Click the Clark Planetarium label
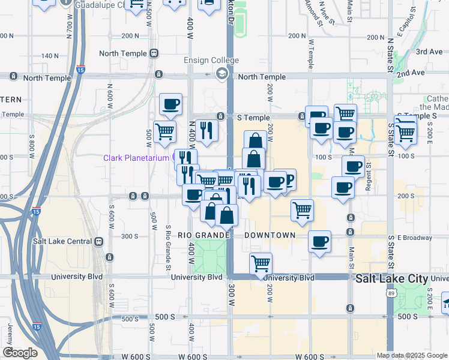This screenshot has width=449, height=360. tap(137, 158)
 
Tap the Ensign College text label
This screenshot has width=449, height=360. tap(211, 61)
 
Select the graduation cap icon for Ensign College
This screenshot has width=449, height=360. tap(222, 74)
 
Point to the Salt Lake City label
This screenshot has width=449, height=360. tap(391, 279)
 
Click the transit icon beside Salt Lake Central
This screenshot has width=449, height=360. tap(98, 241)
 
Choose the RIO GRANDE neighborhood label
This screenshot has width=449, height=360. tap(203, 235)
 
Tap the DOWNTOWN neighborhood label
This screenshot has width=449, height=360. tap(270, 235)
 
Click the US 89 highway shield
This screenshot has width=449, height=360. tap(391, 293)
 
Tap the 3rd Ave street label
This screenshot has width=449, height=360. tap(429, 52)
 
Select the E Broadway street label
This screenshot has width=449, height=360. tap(414, 238)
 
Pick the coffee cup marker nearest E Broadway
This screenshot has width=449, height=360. tap(319, 242)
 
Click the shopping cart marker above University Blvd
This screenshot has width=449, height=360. tap(261, 263)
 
